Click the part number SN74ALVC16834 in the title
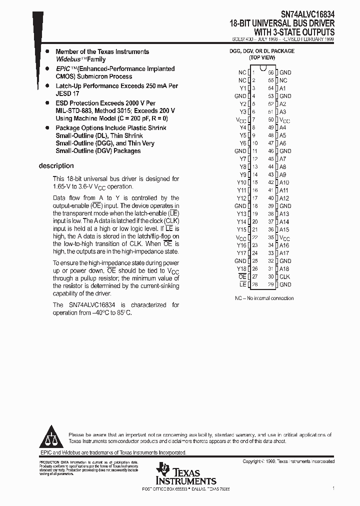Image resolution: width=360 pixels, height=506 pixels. pos(307,14)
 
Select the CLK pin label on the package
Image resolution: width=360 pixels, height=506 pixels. pos(284,276)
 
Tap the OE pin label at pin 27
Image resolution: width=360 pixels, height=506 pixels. pos(242,276)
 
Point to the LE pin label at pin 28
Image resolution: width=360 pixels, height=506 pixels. pos(243,284)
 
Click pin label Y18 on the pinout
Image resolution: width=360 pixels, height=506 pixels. pos(242,269)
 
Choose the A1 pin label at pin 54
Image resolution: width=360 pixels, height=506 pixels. pos(282,88)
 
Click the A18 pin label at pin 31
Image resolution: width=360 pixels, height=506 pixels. pos(284,269)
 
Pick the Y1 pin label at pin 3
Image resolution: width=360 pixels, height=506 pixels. pos(243,88)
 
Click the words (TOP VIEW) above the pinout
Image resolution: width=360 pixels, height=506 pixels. pos(261,57)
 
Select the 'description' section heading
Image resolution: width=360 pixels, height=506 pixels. pos(56,166)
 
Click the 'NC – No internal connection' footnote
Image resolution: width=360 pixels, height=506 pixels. pos(264,298)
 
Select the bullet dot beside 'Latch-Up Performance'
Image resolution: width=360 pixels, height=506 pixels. pos(47,86)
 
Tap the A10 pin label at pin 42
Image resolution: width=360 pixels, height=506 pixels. pos(284,182)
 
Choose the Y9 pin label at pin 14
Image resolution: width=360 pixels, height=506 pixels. pos(243,174)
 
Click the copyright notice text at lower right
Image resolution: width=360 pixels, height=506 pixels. pos(288,461)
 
